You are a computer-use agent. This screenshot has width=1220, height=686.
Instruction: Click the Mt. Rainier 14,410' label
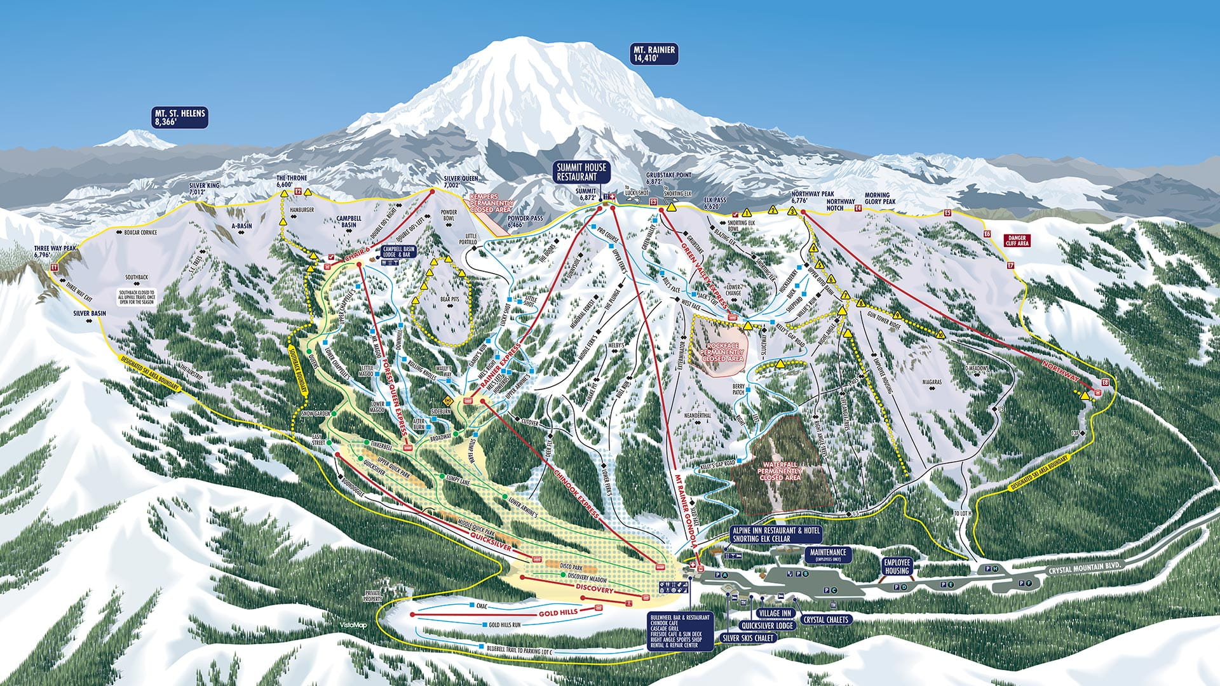(x=654, y=53)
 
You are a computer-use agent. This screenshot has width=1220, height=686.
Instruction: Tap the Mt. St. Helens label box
(x=180, y=118)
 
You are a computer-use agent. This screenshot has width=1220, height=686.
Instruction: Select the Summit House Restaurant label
(x=581, y=172)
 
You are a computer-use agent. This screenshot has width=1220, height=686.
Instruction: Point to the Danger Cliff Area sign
(x=1017, y=241)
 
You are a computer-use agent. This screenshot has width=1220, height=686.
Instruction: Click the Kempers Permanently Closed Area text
(x=491, y=203)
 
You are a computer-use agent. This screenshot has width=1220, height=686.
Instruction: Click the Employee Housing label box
(x=897, y=567)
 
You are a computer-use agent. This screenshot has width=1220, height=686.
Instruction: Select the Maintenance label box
(x=828, y=554)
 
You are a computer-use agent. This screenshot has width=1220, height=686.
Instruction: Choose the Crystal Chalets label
(x=825, y=619)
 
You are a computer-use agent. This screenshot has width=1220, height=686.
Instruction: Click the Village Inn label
(x=775, y=613)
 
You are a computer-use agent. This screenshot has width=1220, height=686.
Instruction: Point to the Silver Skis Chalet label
(x=748, y=638)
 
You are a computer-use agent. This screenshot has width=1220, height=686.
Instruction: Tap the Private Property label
(x=373, y=596)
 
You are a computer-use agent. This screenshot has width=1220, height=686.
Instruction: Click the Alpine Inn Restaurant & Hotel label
(x=776, y=534)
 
